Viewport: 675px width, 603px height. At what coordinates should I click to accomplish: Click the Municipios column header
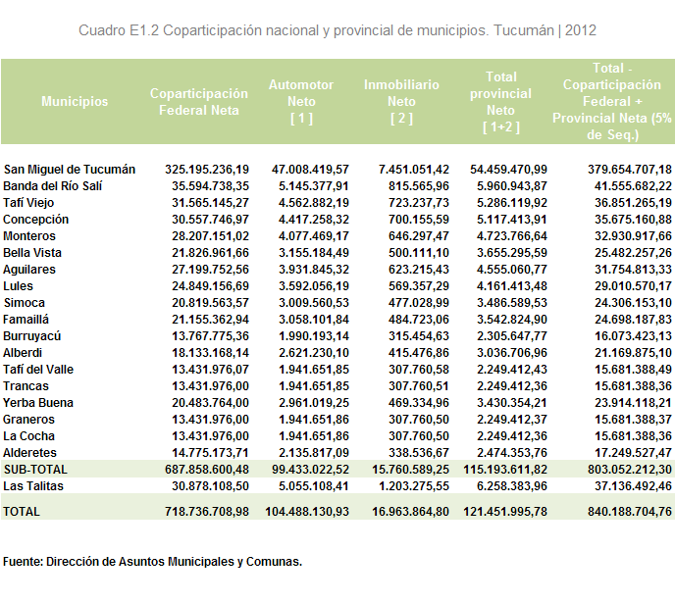click(x=75, y=102)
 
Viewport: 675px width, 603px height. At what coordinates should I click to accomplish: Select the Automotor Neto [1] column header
click(x=301, y=102)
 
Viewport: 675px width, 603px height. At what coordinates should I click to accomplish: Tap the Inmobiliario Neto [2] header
click(x=401, y=102)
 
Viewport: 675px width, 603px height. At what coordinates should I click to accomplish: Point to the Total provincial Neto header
click(x=500, y=102)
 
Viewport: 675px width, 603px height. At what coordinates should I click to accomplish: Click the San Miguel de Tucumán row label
click(x=70, y=170)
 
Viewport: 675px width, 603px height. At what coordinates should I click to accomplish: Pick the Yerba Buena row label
click(x=38, y=403)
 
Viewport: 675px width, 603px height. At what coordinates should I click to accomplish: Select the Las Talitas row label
click(x=33, y=486)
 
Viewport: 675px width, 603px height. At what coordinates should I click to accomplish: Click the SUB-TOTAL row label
click(x=35, y=470)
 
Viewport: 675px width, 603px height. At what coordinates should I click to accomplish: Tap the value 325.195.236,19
click(x=207, y=170)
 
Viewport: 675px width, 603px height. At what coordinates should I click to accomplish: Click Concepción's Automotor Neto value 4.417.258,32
click(x=313, y=220)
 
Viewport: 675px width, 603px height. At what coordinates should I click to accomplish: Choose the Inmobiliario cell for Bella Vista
click(x=419, y=253)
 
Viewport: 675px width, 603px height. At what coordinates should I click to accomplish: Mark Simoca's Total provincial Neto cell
click(x=512, y=303)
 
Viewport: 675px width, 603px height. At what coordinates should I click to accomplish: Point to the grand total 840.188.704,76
click(x=630, y=512)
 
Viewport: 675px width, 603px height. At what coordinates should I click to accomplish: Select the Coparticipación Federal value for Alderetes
click(x=211, y=453)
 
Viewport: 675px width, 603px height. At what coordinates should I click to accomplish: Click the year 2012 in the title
click(x=580, y=30)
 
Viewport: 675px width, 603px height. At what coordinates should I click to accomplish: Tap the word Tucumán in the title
click(x=524, y=30)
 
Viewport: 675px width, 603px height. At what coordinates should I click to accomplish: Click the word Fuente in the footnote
click(x=23, y=562)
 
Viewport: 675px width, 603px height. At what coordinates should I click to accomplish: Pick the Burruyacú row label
click(x=31, y=336)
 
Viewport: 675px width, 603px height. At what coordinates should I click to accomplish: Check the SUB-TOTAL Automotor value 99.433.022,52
click(x=310, y=470)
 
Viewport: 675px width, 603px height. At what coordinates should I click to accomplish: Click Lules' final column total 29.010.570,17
click(x=633, y=286)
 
